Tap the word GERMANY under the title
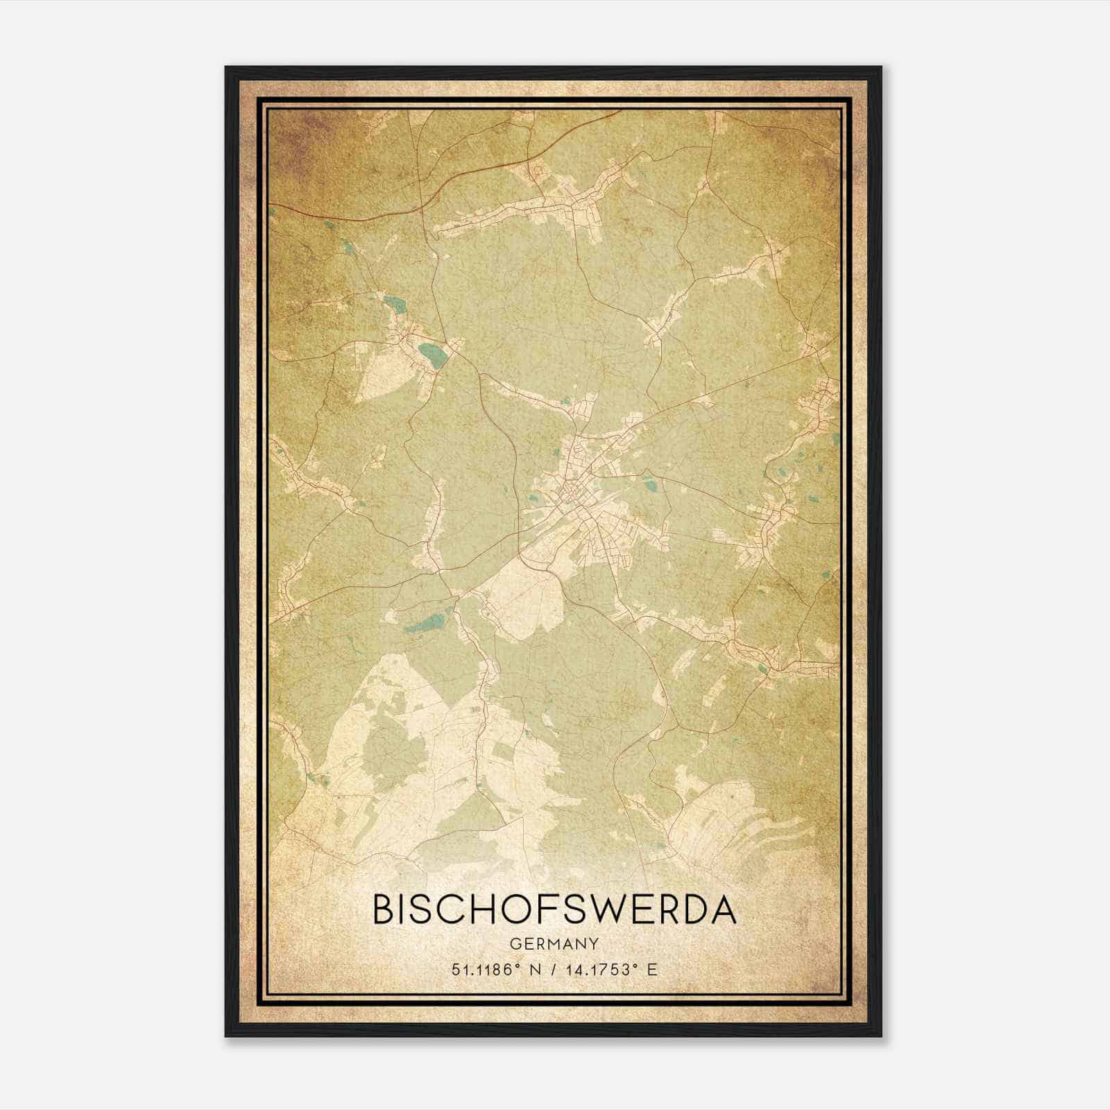coord(554,943)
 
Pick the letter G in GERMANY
coord(514,943)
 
